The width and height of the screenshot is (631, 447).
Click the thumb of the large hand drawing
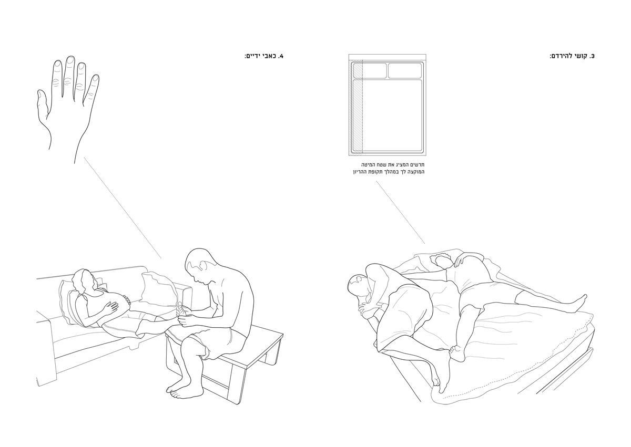click(42, 104)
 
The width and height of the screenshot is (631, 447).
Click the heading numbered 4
click(264, 56)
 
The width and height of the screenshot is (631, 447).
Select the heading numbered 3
click(572, 56)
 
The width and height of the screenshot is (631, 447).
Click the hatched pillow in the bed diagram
click(370, 70)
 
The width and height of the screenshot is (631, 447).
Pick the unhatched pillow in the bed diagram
click(405, 70)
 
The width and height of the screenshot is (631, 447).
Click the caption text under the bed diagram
click(389, 168)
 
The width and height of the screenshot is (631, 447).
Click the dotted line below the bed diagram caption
click(401, 212)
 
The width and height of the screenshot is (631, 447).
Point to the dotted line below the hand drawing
click(123, 208)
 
